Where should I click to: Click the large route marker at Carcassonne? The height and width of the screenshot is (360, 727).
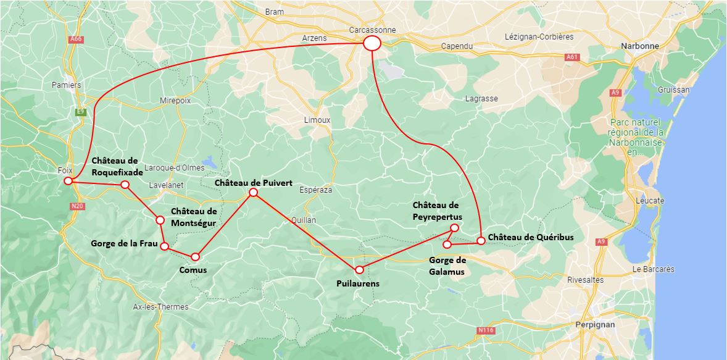coord(372,43)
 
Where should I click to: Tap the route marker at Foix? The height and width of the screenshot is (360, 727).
coord(68,181)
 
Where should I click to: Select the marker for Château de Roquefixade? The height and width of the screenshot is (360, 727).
coord(125,185)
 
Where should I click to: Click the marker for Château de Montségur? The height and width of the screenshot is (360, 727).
coord(160,220)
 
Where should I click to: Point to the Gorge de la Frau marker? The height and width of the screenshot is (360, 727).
coord(164,246)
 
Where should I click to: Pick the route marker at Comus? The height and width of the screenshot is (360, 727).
coord(195,256)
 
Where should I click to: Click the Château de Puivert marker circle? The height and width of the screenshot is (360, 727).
coord(253,193)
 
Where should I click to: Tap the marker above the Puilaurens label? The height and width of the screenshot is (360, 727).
coord(359,269)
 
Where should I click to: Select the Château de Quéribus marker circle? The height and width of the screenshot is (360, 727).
coord(481,240)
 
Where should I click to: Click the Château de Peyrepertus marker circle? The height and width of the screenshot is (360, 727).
coord(455,228)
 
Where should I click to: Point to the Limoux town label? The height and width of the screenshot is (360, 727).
coord(317,120)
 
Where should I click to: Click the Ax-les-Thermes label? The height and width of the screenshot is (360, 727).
coord(160,307)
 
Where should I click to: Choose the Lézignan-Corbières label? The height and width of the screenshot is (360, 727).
coord(539,36)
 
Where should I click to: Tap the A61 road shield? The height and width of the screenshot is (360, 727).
coord(572,57)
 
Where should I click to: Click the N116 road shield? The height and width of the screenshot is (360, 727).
coord(486,330)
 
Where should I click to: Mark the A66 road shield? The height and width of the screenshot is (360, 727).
coord(76,39)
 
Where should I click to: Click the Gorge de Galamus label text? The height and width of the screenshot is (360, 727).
coord(447,266)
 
